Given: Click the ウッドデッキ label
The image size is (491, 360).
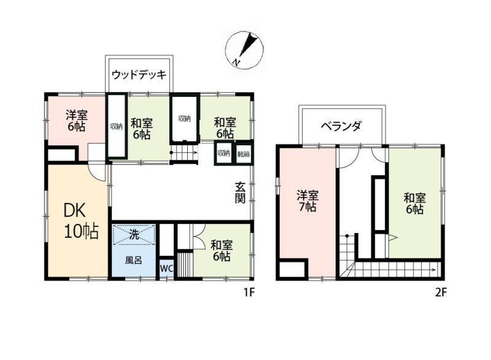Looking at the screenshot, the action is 139,75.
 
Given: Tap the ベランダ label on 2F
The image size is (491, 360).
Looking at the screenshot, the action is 341,126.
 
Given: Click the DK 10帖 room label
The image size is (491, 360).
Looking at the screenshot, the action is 81,221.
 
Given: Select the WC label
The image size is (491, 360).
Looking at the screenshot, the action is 166,269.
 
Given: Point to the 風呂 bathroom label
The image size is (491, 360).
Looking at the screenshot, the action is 133,260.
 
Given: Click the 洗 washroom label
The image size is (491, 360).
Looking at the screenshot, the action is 134,234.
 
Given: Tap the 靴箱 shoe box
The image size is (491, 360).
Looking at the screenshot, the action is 243,154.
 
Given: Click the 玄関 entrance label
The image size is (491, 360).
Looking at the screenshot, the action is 240,193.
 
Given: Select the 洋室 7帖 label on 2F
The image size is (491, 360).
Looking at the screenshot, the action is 307,201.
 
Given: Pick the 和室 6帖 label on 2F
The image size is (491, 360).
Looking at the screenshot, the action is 415,203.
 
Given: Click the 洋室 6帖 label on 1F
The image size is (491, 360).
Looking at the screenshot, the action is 76,121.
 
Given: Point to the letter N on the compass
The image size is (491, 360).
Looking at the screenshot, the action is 236,62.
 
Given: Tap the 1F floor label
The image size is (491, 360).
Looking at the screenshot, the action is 250,293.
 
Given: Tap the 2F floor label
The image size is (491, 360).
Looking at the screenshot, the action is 441,293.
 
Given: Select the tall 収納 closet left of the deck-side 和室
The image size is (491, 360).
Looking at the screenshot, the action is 117,126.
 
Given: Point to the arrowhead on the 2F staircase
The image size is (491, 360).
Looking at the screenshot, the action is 433,269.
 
